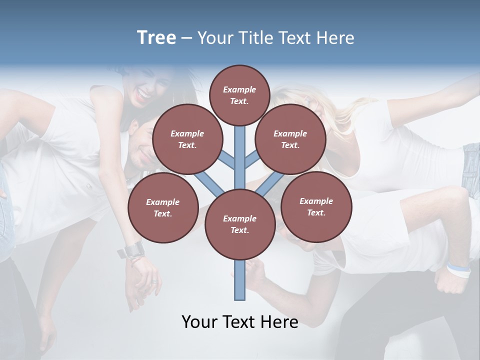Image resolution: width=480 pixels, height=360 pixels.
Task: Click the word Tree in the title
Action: (156, 38)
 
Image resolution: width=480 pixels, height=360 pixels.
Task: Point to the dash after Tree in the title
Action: (186, 38)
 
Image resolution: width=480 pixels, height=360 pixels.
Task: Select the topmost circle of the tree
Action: (239, 95)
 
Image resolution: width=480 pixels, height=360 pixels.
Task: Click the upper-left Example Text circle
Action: (187, 139)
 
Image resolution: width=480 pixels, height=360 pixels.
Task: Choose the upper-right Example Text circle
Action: (290, 139)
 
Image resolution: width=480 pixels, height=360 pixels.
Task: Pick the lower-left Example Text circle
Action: (162, 207)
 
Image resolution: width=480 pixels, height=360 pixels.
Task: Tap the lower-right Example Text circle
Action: (316, 206)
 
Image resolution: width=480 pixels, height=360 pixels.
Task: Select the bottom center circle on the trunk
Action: (239, 224)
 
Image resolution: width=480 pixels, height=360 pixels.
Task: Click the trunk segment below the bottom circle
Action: (239, 280)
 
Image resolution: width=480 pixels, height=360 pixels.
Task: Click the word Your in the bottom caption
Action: (199, 322)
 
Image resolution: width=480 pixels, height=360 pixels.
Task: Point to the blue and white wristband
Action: (459, 270)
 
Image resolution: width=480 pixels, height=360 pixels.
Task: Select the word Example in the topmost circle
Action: (239, 89)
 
